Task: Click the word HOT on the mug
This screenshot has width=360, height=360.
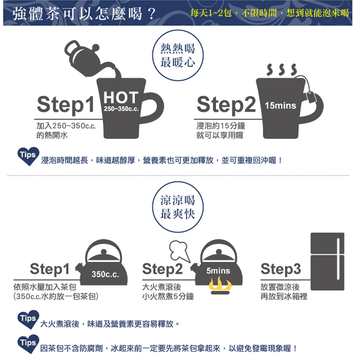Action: click(121, 98)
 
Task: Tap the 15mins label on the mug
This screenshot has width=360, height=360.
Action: click(280, 106)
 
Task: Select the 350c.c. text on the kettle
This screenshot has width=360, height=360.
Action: click(105, 274)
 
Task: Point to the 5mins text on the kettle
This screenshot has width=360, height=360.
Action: click(218, 271)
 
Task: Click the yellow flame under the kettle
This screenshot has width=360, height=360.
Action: click(220, 284)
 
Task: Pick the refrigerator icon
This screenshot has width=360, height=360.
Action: click(328, 261)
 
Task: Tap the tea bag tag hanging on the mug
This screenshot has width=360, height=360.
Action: click(311, 97)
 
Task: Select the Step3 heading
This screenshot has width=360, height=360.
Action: click(280, 269)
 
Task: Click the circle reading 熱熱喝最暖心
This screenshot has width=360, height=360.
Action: click(178, 55)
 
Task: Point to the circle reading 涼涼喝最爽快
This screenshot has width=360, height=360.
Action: click(178, 207)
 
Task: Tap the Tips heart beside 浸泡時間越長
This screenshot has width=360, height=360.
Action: click(28, 156)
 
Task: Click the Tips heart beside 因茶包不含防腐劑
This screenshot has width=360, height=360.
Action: click(28, 344)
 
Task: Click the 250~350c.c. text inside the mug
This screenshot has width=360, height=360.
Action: click(121, 109)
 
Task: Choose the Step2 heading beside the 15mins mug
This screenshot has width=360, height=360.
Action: click(226, 105)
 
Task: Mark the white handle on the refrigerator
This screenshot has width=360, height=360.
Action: click(338, 259)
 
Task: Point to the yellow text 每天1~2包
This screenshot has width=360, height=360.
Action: click(211, 13)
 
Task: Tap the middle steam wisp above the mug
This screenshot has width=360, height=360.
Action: click(282, 70)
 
